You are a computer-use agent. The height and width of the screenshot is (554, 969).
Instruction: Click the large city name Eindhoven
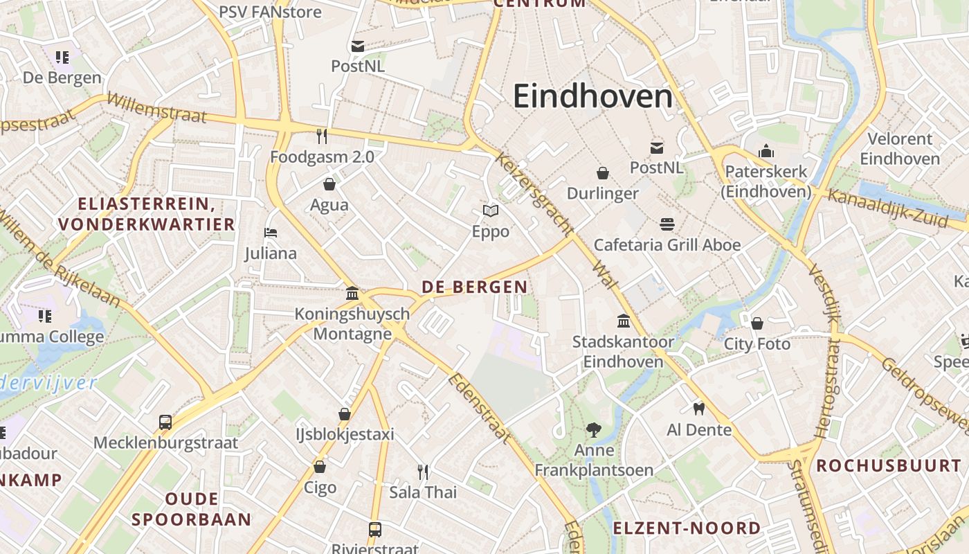tap(592, 96)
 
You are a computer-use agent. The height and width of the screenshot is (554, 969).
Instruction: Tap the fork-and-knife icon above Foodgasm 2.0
tap(322, 136)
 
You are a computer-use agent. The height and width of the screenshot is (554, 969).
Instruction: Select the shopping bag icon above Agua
tap(329, 184)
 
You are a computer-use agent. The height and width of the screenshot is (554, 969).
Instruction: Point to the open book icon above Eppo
tap(491, 211)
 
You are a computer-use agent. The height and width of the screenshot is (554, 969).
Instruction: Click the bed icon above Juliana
tap(271, 232)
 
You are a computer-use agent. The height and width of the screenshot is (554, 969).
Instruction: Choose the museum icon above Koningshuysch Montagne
tap(352, 293)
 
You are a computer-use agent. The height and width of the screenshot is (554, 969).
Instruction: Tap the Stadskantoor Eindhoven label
tap(623, 351)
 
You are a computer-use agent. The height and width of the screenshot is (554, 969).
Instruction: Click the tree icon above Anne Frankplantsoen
tap(593, 430)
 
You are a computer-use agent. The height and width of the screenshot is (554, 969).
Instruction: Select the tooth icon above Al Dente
tap(698, 409)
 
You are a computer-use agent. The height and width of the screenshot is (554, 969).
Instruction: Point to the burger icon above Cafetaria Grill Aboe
tap(667, 224)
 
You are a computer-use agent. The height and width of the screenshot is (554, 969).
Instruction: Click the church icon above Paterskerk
tap(766, 151)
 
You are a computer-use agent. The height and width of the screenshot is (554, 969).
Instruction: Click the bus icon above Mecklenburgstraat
tap(165, 422)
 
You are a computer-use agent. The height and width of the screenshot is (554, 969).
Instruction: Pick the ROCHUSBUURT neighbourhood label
tap(889, 465)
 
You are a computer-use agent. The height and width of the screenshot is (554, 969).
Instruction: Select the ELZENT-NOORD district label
tap(687, 528)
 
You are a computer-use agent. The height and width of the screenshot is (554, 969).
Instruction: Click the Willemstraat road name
tap(156, 108)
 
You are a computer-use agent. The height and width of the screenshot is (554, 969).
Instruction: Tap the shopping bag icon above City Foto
tap(757, 323)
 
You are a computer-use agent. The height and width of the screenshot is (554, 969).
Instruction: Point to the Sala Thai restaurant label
tap(423, 492)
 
